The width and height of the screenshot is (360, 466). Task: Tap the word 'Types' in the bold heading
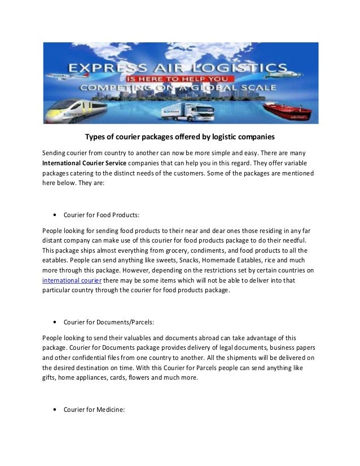pos(95,137)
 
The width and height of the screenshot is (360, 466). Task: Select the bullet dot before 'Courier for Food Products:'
pos(54,214)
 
